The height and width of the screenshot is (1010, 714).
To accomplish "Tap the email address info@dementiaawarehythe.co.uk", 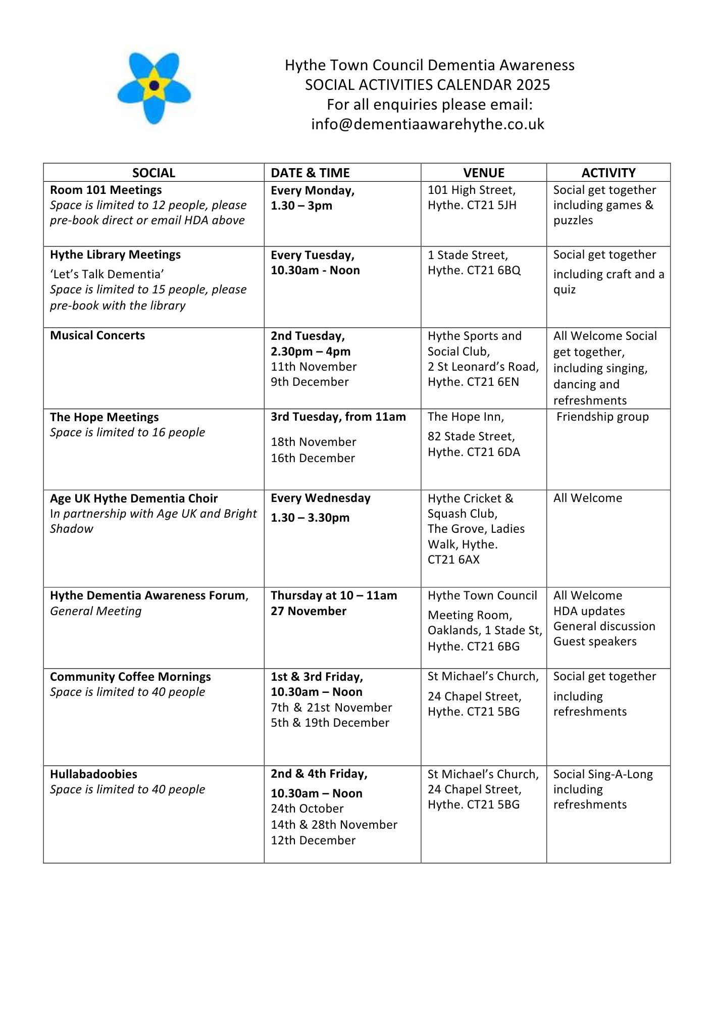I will pyautogui.click(x=428, y=124).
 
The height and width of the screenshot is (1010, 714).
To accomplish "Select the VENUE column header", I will pyautogui.click(x=483, y=173).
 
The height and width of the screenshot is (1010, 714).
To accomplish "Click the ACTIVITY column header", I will pyautogui.click(x=608, y=173).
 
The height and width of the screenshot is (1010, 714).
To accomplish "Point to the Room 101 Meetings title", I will pyautogui.click(x=106, y=190).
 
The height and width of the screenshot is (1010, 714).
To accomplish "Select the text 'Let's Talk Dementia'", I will pyautogui.click(x=107, y=274).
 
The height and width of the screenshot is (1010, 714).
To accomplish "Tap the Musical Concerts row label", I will pyautogui.click(x=97, y=335).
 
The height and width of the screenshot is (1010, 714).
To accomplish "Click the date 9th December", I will pyautogui.click(x=310, y=382).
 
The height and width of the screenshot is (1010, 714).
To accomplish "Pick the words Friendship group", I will pyautogui.click(x=602, y=417).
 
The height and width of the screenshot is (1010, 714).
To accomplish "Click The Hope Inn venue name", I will pyautogui.click(x=466, y=417).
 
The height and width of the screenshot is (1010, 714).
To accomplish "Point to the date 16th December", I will pyautogui.click(x=313, y=458).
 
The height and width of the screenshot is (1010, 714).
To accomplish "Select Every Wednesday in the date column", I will pyautogui.click(x=321, y=498).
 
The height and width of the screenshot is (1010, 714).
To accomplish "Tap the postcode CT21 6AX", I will pyautogui.click(x=453, y=560).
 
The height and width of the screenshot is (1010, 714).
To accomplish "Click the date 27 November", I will pyautogui.click(x=309, y=611).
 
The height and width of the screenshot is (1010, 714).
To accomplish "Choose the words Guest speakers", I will pyautogui.click(x=595, y=641).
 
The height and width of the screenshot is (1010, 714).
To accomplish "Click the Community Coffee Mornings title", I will pyautogui.click(x=130, y=677).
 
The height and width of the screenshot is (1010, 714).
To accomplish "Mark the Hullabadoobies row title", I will pyautogui.click(x=93, y=774).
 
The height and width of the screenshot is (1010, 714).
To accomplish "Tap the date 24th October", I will pyautogui.click(x=307, y=809).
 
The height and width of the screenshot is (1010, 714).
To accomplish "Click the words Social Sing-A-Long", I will pyautogui.click(x=603, y=774).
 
